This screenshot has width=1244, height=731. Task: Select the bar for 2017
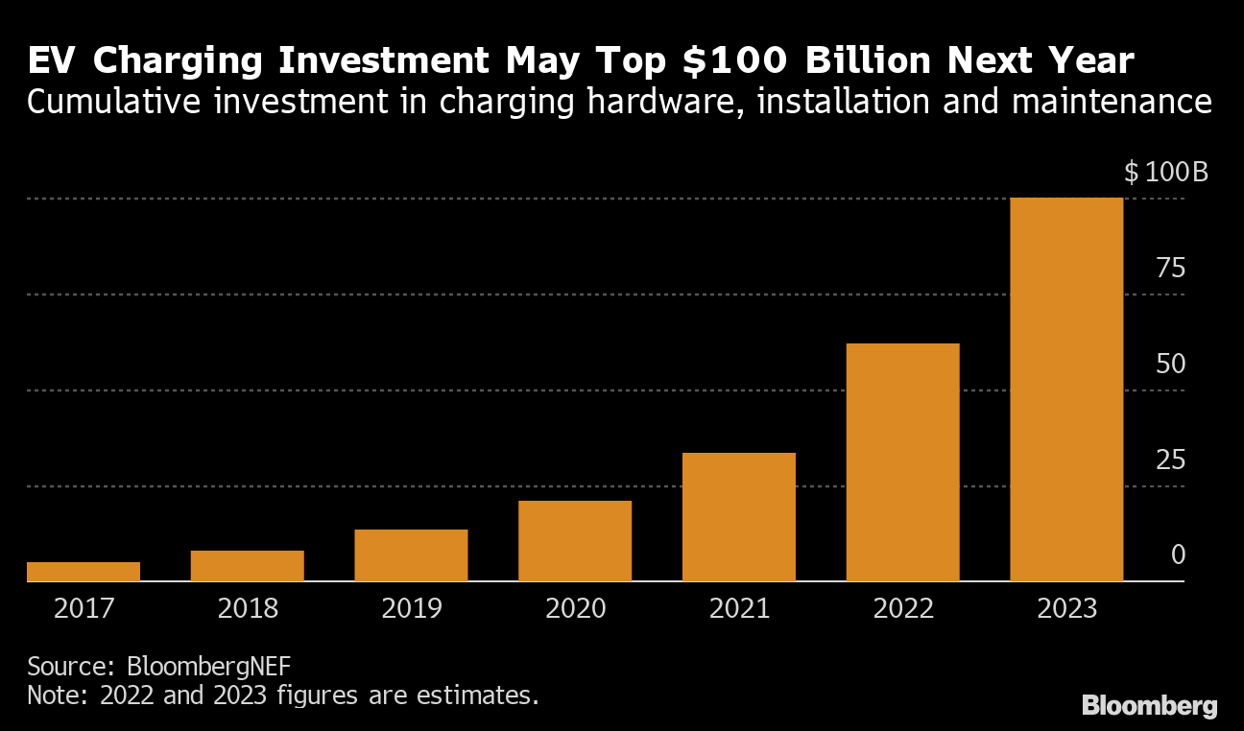click(84, 572)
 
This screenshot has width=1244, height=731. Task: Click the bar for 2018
click(248, 566)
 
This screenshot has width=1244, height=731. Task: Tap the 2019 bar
click(411, 555)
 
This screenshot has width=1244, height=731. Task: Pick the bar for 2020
click(575, 541)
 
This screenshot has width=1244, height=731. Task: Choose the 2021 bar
click(739, 517)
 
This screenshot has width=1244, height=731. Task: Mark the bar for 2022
click(902, 462)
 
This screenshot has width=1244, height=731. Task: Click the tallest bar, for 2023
click(1066, 389)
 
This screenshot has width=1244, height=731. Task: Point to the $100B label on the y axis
click(1165, 174)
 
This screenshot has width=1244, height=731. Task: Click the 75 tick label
click(1171, 269)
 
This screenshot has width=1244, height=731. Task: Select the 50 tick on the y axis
click(1171, 365)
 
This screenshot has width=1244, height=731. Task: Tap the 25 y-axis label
click(1171, 460)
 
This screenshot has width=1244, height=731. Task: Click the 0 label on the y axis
click(1178, 555)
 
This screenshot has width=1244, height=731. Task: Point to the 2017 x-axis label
click(84, 609)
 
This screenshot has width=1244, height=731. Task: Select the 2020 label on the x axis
click(575, 609)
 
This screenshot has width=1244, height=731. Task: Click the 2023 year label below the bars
click(1066, 609)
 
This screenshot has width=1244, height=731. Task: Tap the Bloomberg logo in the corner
click(1149, 707)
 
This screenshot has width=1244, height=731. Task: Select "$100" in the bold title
click(735, 62)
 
